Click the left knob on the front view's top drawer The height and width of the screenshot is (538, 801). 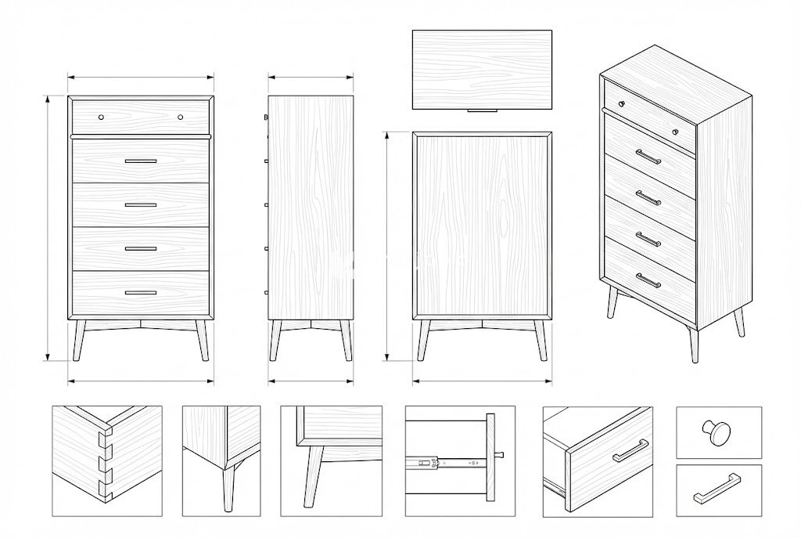click(101, 117)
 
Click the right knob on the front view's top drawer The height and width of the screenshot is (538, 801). click(180, 117)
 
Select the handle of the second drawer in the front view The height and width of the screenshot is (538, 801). click(141, 161)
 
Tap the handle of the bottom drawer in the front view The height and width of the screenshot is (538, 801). click(141, 292)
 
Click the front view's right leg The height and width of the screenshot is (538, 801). click(205, 340)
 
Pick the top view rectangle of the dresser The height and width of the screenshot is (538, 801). click(482, 69)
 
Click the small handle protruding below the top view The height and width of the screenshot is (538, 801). click(482, 112)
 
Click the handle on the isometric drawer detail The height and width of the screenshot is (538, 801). click(630, 450)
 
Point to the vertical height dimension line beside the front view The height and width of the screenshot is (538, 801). click(48, 227)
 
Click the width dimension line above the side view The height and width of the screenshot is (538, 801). click(311, 77)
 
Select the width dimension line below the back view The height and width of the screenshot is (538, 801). click(483, 381)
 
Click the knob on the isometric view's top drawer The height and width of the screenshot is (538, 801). click(620, 104)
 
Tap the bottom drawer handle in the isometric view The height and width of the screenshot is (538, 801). click(648, 280)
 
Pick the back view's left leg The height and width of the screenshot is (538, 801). click(422, 340)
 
